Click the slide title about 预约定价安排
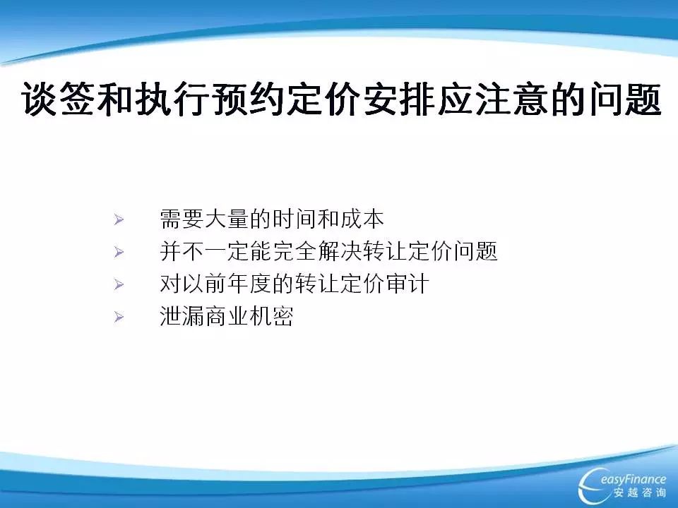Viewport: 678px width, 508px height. (x=341, y=99)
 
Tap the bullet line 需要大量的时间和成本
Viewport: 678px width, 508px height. (x=271, y=219)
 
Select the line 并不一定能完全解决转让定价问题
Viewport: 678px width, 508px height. (x=328, y=251)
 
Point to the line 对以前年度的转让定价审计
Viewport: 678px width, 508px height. (x=295, y=284)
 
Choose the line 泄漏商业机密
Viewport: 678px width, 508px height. (x=227, y=316)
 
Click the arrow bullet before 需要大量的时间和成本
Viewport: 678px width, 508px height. (x=119, y=220)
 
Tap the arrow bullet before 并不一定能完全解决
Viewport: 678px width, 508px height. (x=119, y=253)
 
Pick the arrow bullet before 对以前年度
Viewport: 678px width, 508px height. (x=119, y=284)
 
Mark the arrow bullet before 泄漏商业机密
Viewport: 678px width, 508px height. (x=119, y=317)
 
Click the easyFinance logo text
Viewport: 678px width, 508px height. (x=633, y=480)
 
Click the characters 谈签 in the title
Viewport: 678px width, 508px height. (x=57, y=99)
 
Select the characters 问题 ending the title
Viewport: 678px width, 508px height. (x=625, y=99)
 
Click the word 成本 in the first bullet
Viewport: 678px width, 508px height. (x=362, y=219)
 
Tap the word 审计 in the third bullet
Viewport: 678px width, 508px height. (x=408, y=284)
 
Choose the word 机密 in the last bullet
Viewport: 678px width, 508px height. (x=272, y=316)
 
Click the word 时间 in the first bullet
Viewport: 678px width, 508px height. (x=295, y=219)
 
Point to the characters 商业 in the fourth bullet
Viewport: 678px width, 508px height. (x=227, y=316)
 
